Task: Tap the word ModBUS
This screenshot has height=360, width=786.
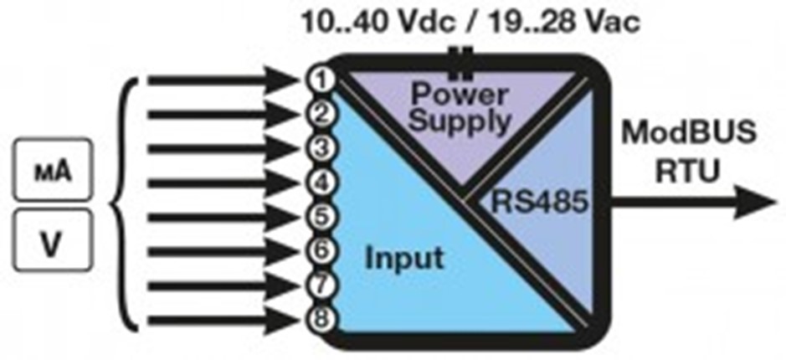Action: [x=687, y=134]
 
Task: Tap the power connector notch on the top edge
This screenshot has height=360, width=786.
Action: [x=457, y=58]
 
